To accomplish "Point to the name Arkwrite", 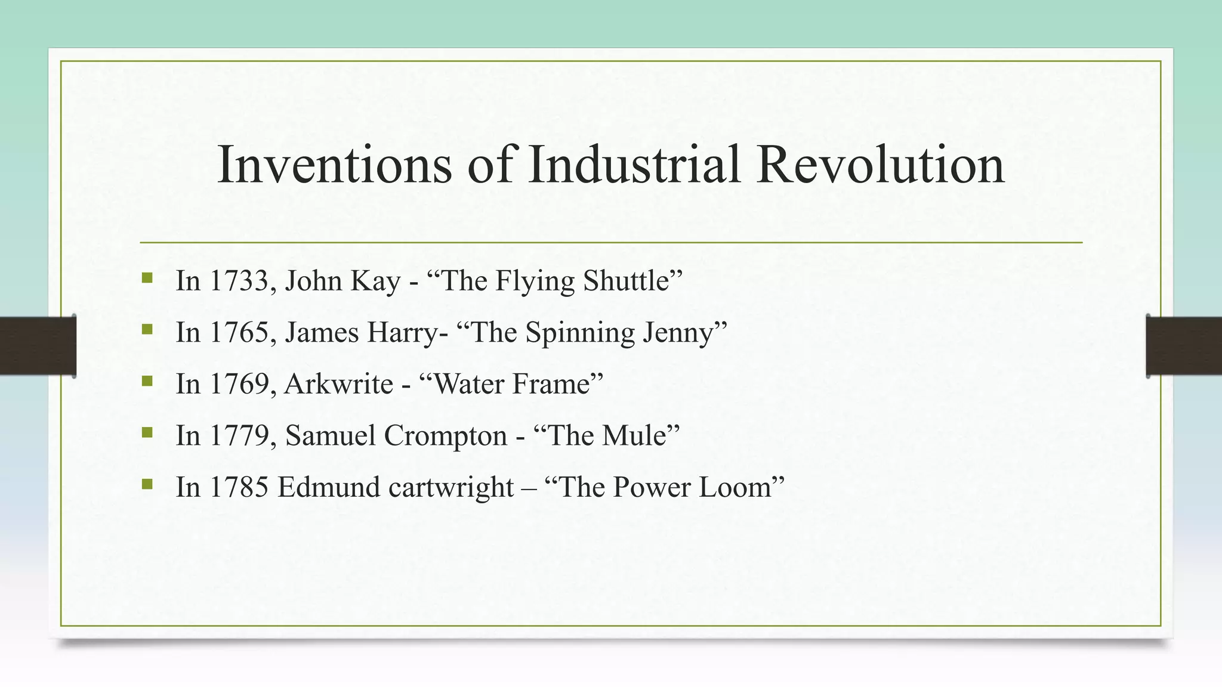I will coord(339,384).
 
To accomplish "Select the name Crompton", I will coord(446,435).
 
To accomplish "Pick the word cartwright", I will coord(451,487).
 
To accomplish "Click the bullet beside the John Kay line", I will coord(147,277).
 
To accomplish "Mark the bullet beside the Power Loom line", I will coord(147,484).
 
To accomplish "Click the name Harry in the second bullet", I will coord(403,332).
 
